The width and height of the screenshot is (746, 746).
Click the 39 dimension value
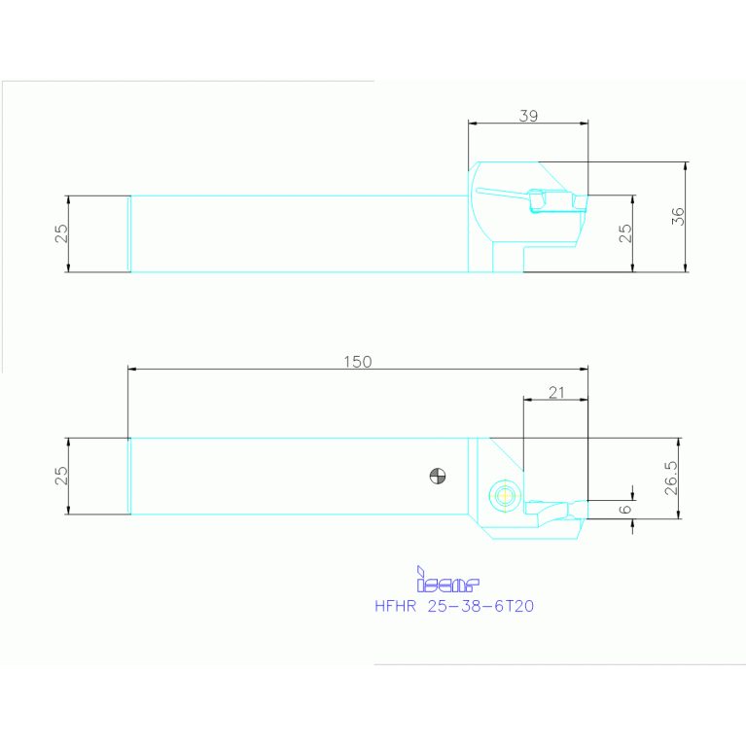click(x=528, y=115)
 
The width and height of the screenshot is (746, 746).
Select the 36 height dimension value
click(x=678, y=216)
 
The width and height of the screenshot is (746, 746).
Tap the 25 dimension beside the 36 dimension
click(x=625, y=233)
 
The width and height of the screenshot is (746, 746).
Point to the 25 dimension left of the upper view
click(x=60, y=233)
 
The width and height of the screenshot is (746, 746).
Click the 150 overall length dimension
click(x=357, y=361)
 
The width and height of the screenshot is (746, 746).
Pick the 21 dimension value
click(x=556, y=392)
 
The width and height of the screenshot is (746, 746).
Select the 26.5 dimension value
click(x=670, y=479)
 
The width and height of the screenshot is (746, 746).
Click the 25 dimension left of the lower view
click(x=60, y=476)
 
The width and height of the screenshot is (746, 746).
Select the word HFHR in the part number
click(x=395, y=606)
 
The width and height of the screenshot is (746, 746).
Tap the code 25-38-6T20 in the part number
click(x=480, y=606)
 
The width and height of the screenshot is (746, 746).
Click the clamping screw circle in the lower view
click(x=504, y=495)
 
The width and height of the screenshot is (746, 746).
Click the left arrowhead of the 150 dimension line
click(x=132, y=369)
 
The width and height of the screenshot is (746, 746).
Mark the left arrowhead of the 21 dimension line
click(x=527, y=399)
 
